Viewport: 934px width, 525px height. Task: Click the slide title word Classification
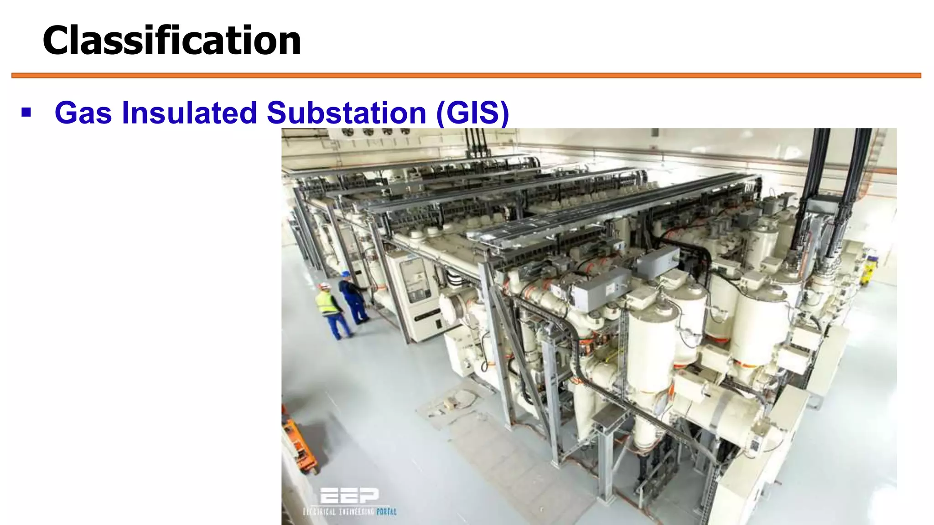171,41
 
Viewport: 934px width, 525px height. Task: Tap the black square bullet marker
26,112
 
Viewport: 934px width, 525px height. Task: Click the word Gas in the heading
83,113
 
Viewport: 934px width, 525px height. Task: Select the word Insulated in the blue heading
189,113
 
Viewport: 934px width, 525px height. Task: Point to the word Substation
346,113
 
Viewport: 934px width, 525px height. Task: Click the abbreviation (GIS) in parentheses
472,113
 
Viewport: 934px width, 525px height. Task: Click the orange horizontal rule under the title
466,76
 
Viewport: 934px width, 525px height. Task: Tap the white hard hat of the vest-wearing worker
324,286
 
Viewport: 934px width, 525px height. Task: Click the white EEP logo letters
349,495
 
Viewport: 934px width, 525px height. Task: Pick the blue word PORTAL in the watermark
386,512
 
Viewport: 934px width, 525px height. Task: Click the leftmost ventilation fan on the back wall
348,132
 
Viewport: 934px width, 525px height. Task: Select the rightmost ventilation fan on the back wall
405,132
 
